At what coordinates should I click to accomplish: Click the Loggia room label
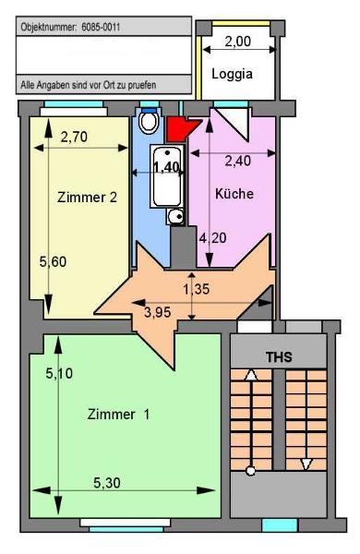coord(232,74)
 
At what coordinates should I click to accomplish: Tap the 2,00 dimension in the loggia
coord(238,42)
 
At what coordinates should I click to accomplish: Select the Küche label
coord(234,193)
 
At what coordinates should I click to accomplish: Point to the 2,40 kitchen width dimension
coord(238,161)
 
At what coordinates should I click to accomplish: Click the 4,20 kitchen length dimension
coord(212,238)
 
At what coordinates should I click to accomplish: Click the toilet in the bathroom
coord(149,121)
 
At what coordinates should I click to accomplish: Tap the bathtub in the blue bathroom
coord(167,176)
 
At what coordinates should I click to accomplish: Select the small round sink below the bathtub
coord(175,217)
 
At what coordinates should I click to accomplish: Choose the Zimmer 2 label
coord(87,198)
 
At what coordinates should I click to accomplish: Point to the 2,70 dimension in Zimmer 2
coord(74,137)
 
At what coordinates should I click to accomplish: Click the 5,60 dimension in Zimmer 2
coord(53,262)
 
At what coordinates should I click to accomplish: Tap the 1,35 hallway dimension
coord(196,289)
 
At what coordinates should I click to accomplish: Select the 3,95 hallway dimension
coord(158,312)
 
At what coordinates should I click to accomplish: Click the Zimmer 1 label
coord(118,414)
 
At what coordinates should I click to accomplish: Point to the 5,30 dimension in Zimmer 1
coord(107,483)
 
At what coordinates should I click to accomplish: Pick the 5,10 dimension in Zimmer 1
coord(59,373)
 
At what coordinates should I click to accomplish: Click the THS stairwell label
coord(279,357)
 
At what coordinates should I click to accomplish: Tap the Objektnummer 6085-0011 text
coord(70,27)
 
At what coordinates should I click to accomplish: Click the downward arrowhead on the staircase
coord(306,464)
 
